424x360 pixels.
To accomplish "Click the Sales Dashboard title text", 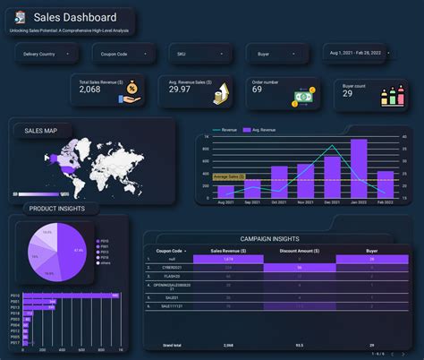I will point(75,18).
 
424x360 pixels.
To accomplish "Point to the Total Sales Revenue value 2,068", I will point(90,89).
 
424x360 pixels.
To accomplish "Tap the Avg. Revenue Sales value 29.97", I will point(179,89).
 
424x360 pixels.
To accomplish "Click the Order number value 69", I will point(258,89).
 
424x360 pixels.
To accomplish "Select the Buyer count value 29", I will point(348,93).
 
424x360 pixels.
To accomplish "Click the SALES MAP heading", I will point(41,131).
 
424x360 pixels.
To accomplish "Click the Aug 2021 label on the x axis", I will point(225,202).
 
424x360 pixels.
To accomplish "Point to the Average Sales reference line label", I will point(230,177).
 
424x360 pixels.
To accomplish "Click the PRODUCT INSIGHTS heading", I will point(56,209).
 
